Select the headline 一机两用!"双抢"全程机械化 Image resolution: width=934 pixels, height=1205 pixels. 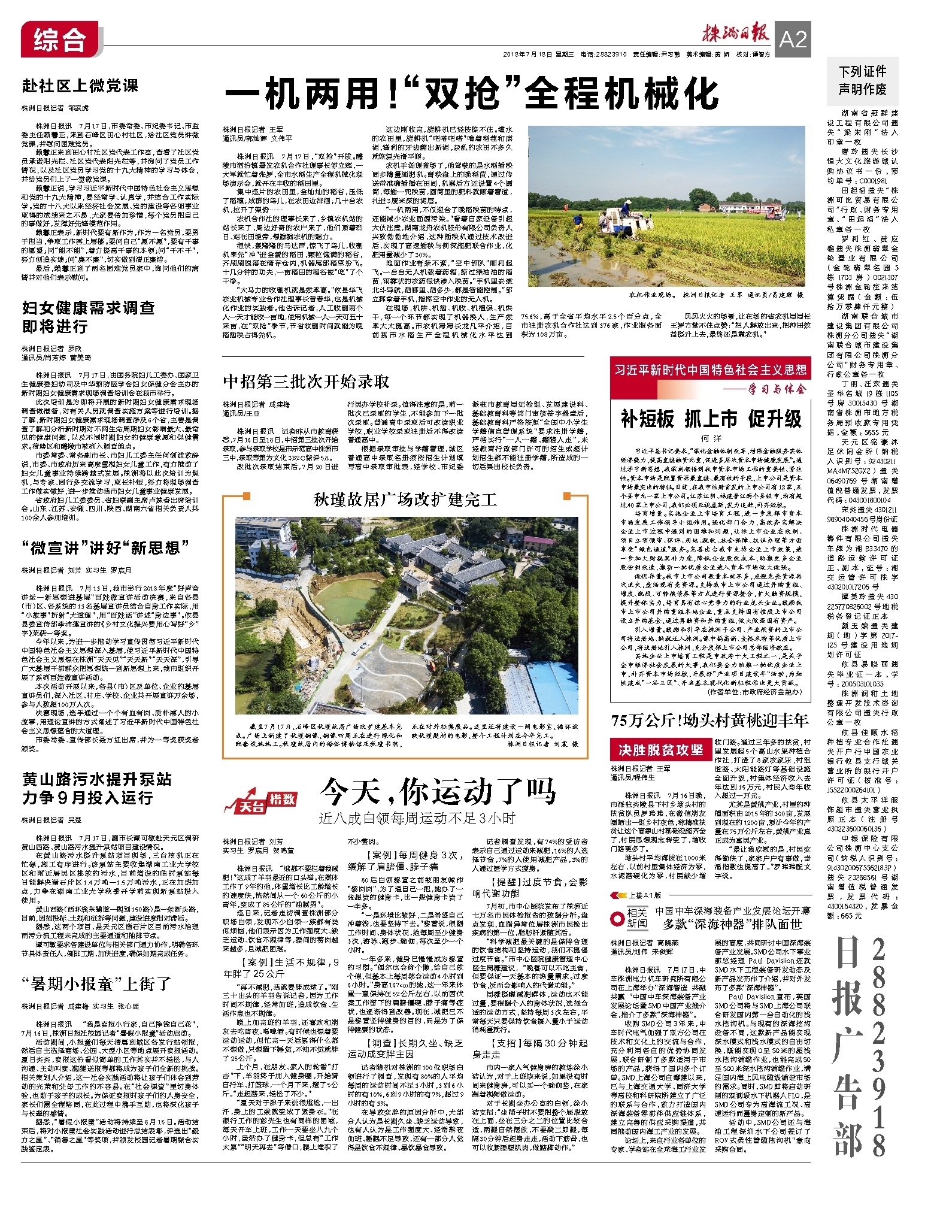tap(472, 95)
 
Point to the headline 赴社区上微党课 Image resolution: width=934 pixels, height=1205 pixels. tap(80, 86)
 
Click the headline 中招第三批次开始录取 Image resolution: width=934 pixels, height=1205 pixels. tap(306, 382)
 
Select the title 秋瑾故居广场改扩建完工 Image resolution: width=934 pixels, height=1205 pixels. tap(405, 499)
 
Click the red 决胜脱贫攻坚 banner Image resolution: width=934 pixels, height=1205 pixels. tap(660, 749)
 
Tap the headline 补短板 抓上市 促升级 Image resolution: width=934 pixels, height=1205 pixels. tap(711, 419)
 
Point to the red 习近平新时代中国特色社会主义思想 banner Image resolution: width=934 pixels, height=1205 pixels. tap(711, 370)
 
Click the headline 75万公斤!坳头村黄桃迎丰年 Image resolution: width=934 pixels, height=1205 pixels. tap(709, 720)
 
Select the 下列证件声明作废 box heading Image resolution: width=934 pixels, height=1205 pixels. tap(862, 80)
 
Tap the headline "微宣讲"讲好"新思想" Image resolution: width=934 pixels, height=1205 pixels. tap(105, 547)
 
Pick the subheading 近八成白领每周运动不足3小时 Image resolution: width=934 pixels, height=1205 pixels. tap(417, 818)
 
